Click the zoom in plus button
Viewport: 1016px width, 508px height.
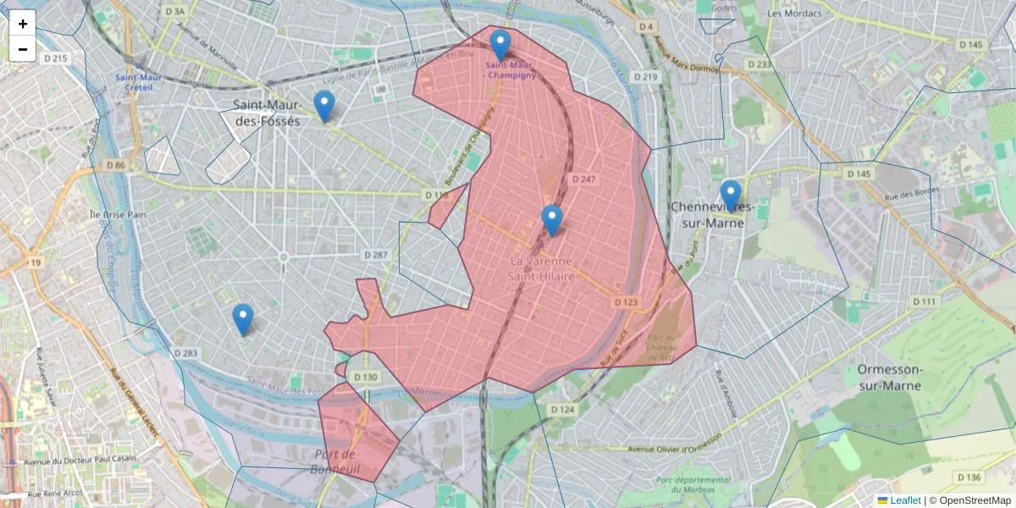pyautogui.click(x=23, y=24)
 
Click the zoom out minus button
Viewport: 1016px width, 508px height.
pyautogui.click(x=23, y=49)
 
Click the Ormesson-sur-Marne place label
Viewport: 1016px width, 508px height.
pyautogui.click(x=900, y=378)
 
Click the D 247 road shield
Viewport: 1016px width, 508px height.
pyautogui.click(x=583, y=179)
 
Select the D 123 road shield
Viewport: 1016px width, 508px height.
pyautogui.click(x=626, y=302)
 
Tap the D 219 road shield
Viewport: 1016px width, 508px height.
pyautogui.click(x=645, y=77)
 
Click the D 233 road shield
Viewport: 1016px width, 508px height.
pyautogui.click(x=759, y=64)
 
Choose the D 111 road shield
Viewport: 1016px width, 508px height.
pyautogui.click(x=925, y=302)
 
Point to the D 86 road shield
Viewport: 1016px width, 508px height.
pyautogui.click(x=116, y=165)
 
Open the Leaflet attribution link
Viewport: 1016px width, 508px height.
pyautogui.click(x=904, y=500)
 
